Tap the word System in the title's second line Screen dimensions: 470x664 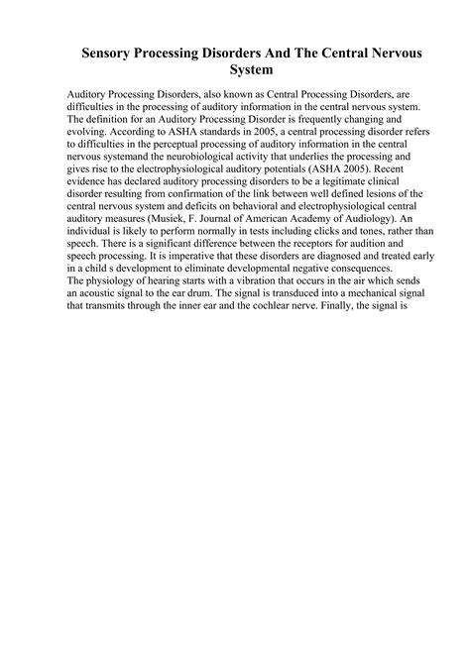tap(235, 71)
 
